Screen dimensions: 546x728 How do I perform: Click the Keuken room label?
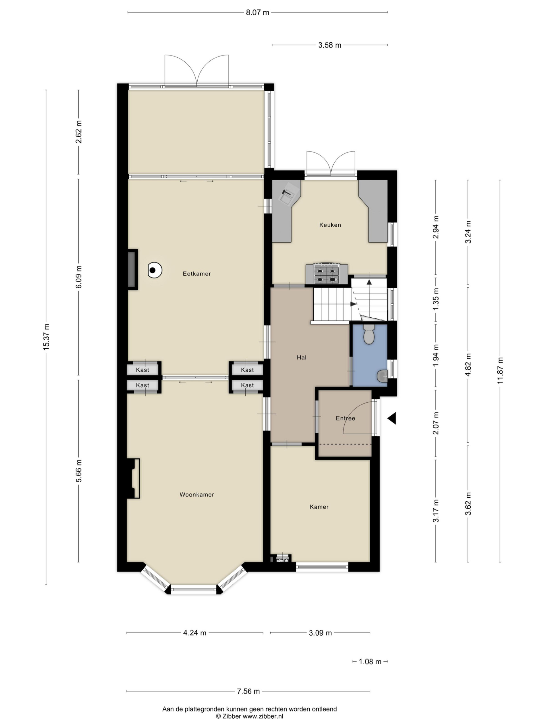click(330, 225)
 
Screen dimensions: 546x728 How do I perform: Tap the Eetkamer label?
click(197, 274)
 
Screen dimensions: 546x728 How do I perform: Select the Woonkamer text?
click(197, 494)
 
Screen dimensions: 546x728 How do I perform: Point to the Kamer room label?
click(319, 507)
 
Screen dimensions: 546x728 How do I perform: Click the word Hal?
click(301, 357)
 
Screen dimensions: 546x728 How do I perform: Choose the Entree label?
click(345, 418)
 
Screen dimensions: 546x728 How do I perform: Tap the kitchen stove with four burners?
click(327, 274)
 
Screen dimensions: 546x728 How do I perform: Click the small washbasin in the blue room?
click(383, 376)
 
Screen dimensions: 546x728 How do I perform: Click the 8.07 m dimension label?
click(257, 13)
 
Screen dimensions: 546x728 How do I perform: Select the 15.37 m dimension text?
click(46, 337)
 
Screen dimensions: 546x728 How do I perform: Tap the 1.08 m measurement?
click(370, 661)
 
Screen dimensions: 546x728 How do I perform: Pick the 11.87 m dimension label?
click(500, 370)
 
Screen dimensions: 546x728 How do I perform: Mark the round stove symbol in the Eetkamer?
click(155, 270)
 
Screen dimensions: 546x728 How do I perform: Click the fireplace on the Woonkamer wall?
click(133, 478)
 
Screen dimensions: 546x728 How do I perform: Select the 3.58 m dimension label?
click(330, 45)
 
